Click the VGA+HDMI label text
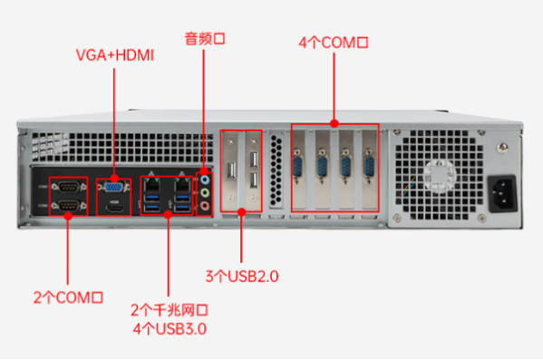point(114,55)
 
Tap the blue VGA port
point(114,188)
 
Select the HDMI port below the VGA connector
point(114,209)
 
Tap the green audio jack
point(206,193)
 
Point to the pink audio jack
point(206,207)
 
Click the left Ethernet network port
point(150,185)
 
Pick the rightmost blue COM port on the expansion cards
point(368,168)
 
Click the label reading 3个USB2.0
point(241,274)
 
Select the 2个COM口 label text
point(67,297)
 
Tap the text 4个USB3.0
point(169,328)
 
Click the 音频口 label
point(204,38)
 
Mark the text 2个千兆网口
point(169,308)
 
